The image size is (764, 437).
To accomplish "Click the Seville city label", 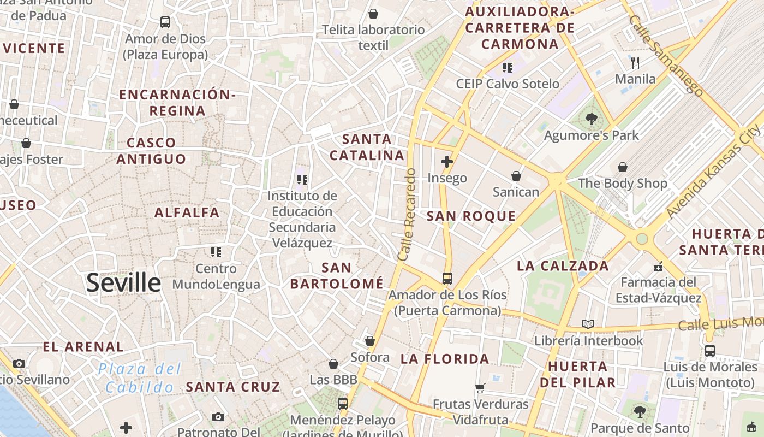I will click(x=123, y=283).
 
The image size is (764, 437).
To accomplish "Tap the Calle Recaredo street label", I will click(x=407, y=214).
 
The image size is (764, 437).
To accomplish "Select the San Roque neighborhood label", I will click(x=471, y=216).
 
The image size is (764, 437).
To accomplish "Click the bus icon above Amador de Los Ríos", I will click(x=447, y=278).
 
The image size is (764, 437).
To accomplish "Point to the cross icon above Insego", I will click(x=447, y=161).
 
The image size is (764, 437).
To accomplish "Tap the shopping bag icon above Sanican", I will click(x=516, y=176).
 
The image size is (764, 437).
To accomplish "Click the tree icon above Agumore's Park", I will click(x=590, y=119).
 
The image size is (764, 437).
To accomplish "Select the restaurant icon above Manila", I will click(x=635, y=62).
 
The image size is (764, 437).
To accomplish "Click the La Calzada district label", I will click(x=563, y=266).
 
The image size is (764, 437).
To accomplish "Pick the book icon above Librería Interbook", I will click(x=588, y=324).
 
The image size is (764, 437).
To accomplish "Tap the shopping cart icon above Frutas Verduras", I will click(x=480, y=388).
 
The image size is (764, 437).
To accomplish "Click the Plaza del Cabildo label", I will click(x=139, y=378).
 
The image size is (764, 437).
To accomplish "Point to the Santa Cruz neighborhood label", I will click(x=233, y=387).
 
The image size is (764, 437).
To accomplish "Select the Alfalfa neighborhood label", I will click(x=187, y=212).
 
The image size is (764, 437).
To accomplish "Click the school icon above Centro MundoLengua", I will click(x=216, y=252).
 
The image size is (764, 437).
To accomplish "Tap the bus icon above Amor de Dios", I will click(x=165, y=22).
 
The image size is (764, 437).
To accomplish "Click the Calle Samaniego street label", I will click(x=665, y=55).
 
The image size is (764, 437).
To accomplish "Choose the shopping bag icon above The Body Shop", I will click(x=622, y=167).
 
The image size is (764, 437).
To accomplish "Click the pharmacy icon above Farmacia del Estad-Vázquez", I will click(x=658, y=267).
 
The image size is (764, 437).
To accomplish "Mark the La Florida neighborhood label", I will click(x=445, y=359).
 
